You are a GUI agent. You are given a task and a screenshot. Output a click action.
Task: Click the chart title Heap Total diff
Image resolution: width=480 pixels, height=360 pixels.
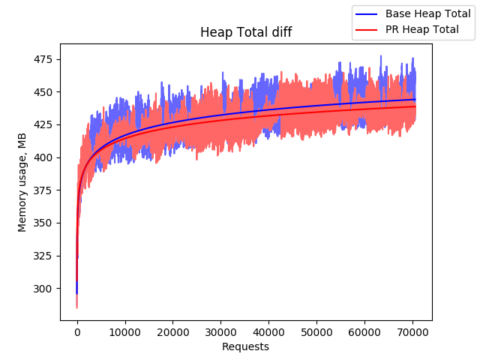coord(245,32)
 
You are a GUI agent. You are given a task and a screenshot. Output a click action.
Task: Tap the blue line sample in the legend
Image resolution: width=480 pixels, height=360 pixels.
coord(367,14)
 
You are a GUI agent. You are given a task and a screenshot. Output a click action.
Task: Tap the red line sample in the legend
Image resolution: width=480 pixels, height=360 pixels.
coord(367,30)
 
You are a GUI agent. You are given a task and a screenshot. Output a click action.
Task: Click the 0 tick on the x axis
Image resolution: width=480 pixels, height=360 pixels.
coord(77,332)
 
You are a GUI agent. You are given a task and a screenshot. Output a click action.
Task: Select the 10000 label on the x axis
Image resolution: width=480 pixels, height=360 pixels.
coord(124,332)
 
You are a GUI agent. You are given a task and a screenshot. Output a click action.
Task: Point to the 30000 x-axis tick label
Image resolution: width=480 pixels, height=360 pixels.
coord(220,332)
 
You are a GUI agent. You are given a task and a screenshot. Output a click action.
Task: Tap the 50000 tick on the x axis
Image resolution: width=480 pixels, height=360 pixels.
coord(316,332)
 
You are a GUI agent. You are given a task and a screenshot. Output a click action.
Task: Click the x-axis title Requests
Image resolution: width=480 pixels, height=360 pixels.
coord(245,346)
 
